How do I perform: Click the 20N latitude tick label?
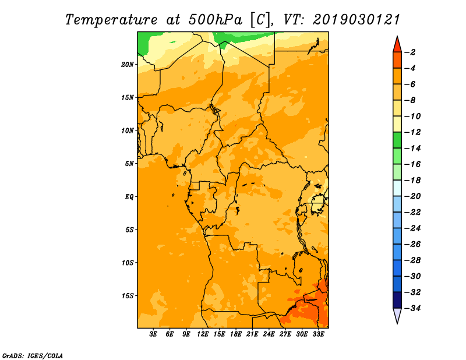click(x=127, y=65)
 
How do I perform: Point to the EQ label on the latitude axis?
click(x=129, y=197)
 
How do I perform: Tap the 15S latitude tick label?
click(x=127, y=296)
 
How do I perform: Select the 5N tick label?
click(x=129, y=164)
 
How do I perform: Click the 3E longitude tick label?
click(x=153, y=334)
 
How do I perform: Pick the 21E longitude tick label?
click(x=252, y=334)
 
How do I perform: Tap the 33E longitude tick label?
click(x=318, y=334)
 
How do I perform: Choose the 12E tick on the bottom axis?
click(x=203, y=334)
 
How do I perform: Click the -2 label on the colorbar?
click(x=410, y=52)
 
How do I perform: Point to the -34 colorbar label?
click(x=412, y=308)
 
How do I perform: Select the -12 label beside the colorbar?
click(x=412, y=132)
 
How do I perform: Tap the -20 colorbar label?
click(x=412, y=196)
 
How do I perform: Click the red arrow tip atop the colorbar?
click(x=397, y=37)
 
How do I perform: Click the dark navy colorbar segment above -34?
click(x=397, y=300)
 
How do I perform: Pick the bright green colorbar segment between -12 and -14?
click(x=397, y=140)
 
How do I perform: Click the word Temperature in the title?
click(x=111, y=20)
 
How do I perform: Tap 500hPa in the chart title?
click(x=215, y=20)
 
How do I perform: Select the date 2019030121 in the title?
click(x=356, y=20)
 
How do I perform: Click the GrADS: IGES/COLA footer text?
click(x=33, y=356)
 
